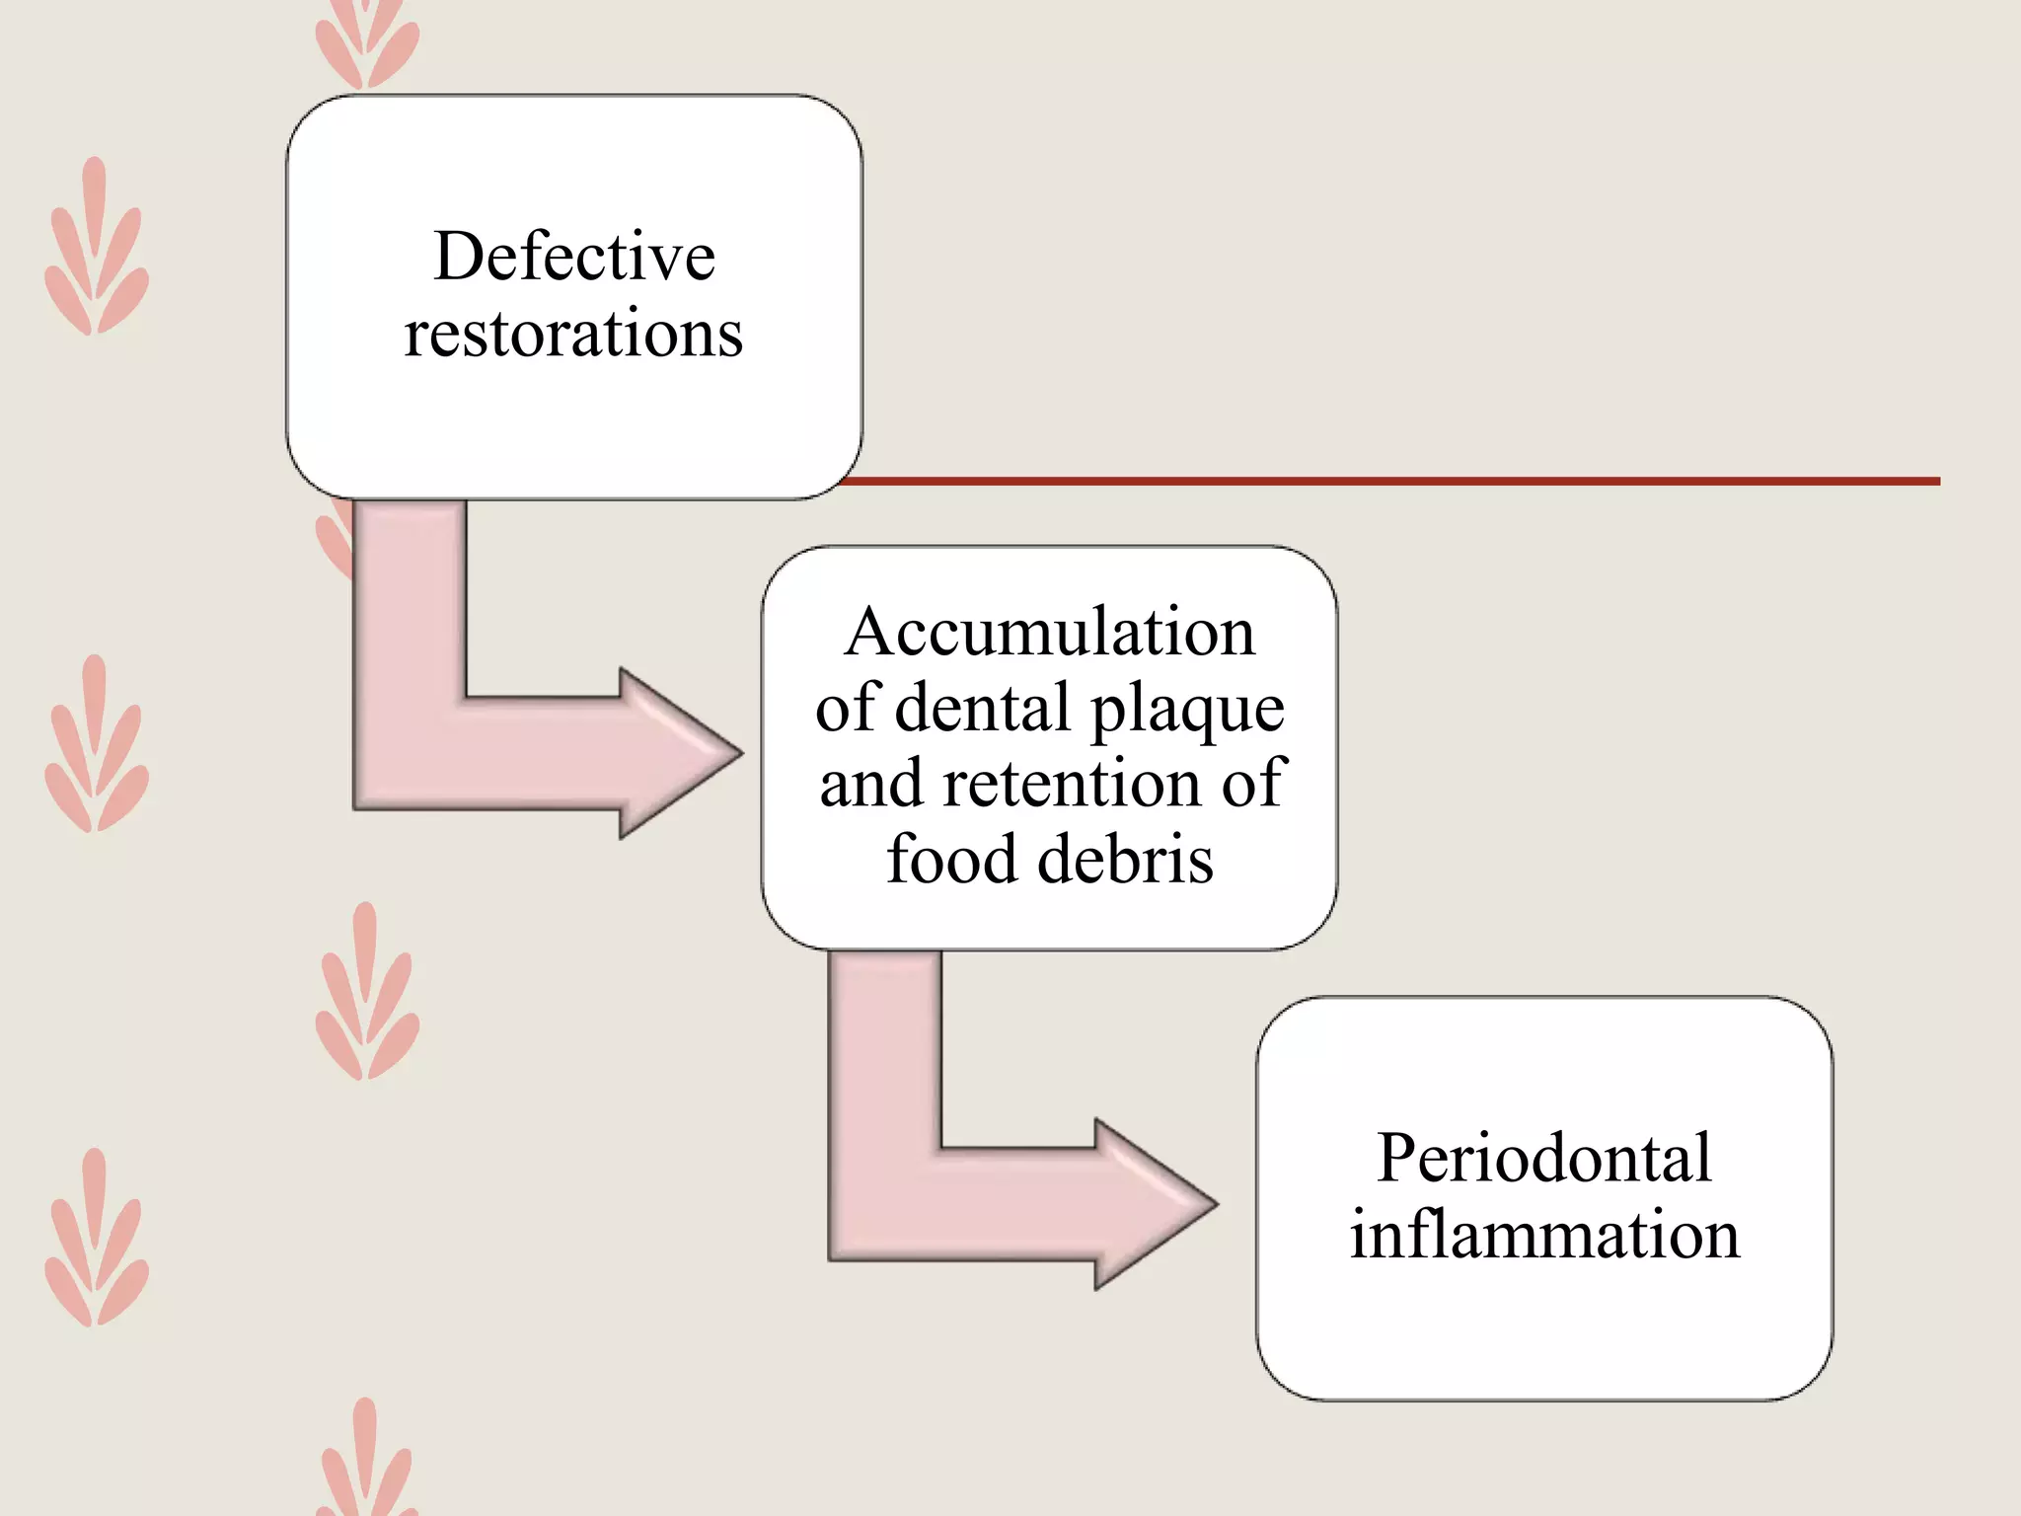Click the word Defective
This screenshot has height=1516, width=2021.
pos(573,257)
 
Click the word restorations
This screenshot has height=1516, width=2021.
pos(573,334)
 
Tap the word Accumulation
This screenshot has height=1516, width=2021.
pos(1049,632)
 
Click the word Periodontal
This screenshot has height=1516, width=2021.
pos(1543,1158)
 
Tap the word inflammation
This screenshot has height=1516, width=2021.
pos(1543,1235)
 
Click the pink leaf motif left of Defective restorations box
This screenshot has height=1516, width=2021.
pos(96,247)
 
